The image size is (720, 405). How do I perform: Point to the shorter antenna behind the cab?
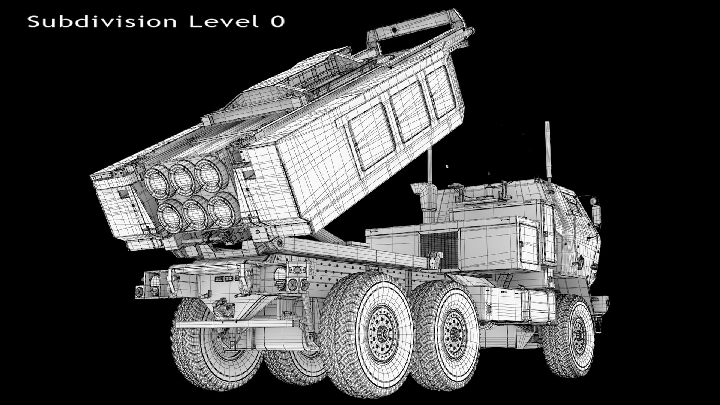[x=430, y=165]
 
